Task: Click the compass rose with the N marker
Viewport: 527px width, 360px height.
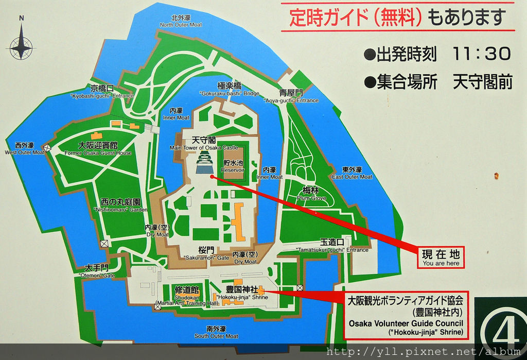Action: click(x=21, y=45)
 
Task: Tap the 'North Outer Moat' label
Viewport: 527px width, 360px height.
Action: click(x=181, y=21)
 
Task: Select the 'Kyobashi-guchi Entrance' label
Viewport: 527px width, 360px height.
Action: click(x=102, y=92)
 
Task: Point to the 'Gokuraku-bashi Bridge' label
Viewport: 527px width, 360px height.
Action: click(x=230, y=90)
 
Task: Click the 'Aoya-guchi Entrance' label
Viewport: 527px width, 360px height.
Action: click(x=291, y=97)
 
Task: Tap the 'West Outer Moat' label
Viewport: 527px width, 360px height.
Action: click(x=25, y=149)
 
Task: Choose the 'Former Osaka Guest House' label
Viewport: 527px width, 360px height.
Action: click(x=98, y=149)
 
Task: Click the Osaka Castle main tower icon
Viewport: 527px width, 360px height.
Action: click(x=206, y=163)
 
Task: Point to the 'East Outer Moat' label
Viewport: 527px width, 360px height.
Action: click(x=352, y=173)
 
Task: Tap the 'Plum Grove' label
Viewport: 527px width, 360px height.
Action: click(x=311, y=194)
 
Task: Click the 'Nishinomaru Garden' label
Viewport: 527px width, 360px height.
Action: click(x=120, y=206)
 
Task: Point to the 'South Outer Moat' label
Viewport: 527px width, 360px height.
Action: click(x=216, y=332)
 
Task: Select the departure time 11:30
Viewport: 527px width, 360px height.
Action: click(x=482, y=53)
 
